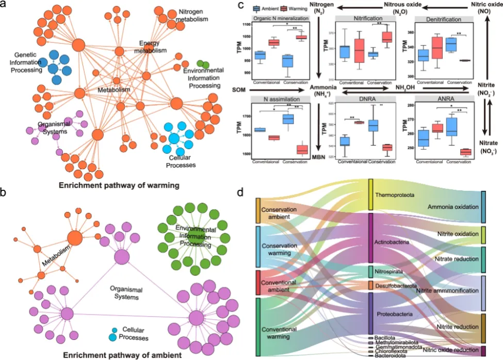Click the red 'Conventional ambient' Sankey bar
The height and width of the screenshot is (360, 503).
pyautogui.click(x=258, y=283)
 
